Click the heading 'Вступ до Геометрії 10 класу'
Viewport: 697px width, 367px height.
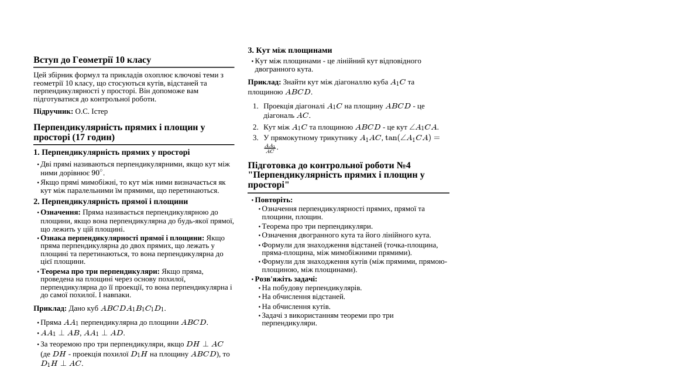[92, 60]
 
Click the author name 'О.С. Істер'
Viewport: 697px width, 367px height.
[91, 111]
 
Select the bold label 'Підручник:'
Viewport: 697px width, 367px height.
[53, 111]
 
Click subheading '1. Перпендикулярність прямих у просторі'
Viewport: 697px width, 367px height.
[111, 152]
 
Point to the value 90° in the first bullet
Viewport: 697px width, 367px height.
[97, 173]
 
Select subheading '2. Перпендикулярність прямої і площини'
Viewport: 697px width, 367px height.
[111, 202]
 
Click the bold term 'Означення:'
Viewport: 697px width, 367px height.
[60, 212]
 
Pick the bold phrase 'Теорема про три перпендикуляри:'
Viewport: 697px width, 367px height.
[100, 271]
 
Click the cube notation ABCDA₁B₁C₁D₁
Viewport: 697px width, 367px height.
[133, 308]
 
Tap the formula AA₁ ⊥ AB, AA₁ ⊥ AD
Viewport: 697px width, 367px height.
[83, 333]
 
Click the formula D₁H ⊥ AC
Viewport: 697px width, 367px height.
[61, 363]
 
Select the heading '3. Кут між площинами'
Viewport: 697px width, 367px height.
[290, 50]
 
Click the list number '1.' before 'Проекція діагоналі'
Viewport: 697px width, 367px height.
[255, 106]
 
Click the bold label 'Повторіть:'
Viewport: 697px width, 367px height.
[273, 200]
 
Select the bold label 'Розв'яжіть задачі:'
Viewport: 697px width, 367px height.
[286, 279]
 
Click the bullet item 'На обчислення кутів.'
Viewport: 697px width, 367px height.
[296, 307]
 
